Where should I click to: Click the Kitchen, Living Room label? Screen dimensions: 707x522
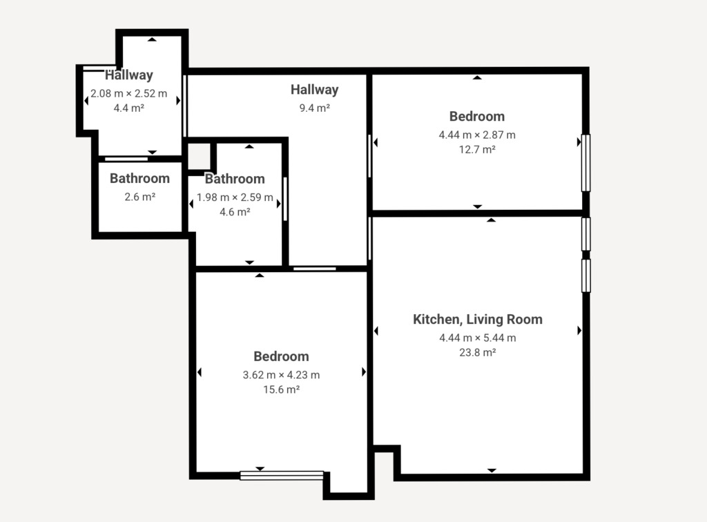pyautogui.click(x=478, y=320)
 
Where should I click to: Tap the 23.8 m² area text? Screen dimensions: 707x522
pyautogui.click(x=478, y=353)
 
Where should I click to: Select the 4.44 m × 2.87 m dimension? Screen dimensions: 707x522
pyautogui.click(x=477, y=135)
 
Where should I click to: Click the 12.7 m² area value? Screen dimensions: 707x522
pyautogui.click(x=477, y=149)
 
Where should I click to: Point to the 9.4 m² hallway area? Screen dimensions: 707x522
pyautogui.click(x=315, y=108)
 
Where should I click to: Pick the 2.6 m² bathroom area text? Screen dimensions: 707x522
pyautogui.click(x=139, y=197)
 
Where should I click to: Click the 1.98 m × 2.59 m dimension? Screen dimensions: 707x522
pyautogui.click(x=235, y=197)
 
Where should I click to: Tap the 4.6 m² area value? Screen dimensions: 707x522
pyautogui.click(x=235, y=212)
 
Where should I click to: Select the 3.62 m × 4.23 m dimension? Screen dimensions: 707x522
pyautogui.click(x=282, y=375)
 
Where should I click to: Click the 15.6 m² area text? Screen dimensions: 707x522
pyautogui.click(x=282, y=389)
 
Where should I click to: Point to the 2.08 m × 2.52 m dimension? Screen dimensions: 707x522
pyautogui.click(x=129, y=93)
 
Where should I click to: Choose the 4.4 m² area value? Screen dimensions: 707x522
pyautogui.click(x=129, y=108)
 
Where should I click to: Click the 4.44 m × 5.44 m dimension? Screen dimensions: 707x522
pyautogui.click(x=478, y=338)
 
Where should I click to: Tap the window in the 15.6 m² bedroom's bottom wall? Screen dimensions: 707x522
pyautogui.click(x=282, y=476)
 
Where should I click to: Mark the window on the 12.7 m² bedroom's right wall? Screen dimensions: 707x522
pyautogui.click(x=585, y=163)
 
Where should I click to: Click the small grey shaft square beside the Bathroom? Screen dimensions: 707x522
pyautogui.click(x=199, y=157)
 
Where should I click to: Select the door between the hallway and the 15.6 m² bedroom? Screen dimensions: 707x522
pyautogui.click(x=315, y=269)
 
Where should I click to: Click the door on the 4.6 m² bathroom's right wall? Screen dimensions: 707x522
pyautogui.click(x=285, y=200)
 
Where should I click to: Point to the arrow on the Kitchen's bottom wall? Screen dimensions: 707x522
pyautogui.click(x=492, y=470)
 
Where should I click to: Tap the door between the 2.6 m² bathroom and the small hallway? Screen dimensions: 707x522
pyautogui.click(x=126, y=159)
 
